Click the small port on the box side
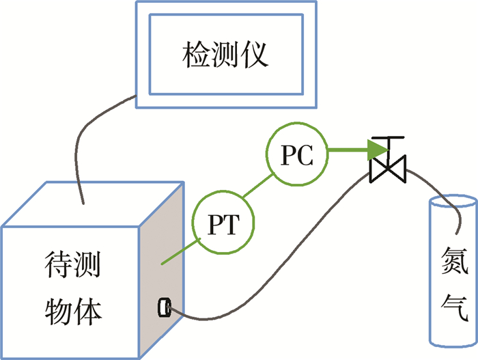[x=165, y=307]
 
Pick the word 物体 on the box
[x=71, y=311]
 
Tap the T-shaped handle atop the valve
[x=386, y=142]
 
